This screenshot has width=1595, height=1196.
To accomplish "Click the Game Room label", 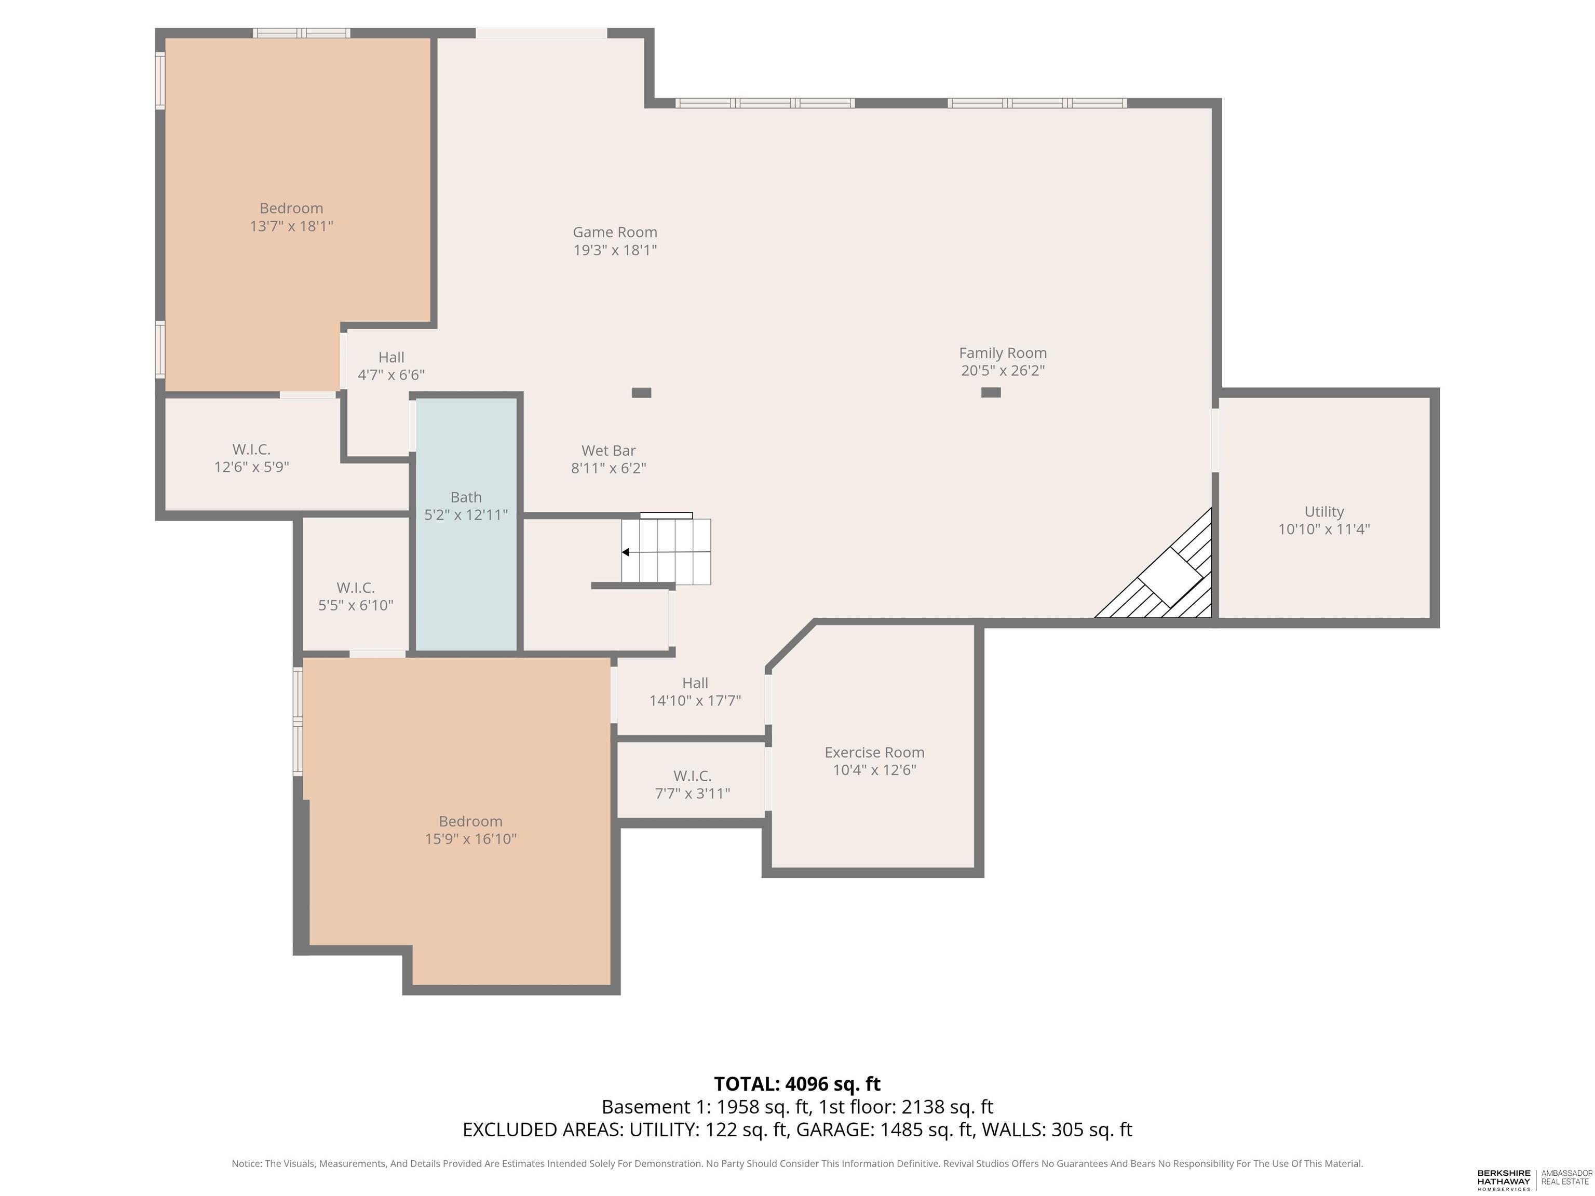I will point(614,232).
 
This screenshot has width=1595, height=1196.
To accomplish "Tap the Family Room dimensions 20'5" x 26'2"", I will point(1002,371).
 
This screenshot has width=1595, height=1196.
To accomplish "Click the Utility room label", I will point(1324,511).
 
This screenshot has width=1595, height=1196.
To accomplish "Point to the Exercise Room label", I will point(874,752).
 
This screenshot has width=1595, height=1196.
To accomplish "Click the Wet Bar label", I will point(608,451).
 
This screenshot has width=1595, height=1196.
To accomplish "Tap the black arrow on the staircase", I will point(626,552).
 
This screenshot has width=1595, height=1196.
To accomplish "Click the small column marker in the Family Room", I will point(991,392).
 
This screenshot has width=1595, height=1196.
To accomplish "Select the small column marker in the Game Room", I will point(641,393).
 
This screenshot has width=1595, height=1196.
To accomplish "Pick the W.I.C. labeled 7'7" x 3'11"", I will point(692,785).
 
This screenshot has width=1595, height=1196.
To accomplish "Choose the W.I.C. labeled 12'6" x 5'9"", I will point(251,458).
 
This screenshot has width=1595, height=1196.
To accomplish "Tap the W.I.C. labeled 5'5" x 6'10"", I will point(356,597).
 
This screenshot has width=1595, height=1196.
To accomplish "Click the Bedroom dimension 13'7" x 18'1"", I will point(291,226).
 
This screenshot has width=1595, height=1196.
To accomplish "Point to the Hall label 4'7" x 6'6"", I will point(391,366).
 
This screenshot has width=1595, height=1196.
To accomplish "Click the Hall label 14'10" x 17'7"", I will point(695,691).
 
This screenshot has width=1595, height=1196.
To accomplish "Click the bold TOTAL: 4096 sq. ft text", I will point(797,1083).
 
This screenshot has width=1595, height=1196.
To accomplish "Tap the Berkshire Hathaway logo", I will point(1504,1179).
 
